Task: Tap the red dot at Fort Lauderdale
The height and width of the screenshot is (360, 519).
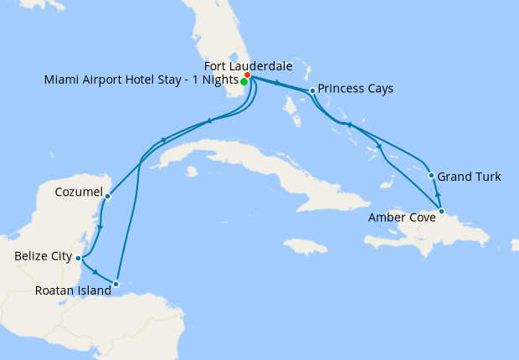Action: point(248,75)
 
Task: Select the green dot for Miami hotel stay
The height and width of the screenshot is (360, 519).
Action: point(244,81)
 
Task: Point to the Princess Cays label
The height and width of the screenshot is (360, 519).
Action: point(356,88)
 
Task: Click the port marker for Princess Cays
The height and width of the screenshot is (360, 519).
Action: point(311,90)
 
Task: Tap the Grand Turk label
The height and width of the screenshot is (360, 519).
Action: point(470,177)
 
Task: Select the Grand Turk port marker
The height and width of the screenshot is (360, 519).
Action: point(431,176)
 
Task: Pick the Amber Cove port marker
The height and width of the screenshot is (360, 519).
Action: point(441,211)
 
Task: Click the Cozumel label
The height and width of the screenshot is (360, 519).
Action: point(77,192)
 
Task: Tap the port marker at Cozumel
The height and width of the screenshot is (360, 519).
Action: point(108,196)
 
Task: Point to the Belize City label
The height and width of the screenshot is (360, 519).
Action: point(43,256)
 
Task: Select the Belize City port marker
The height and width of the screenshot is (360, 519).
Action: point(78,258)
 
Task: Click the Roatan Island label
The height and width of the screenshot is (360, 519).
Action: point(74,291)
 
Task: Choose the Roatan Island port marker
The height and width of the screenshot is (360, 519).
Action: point(116,285)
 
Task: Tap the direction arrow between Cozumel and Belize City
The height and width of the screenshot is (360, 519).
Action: point(100,228)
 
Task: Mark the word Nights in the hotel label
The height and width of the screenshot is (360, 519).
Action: point(216,80)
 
